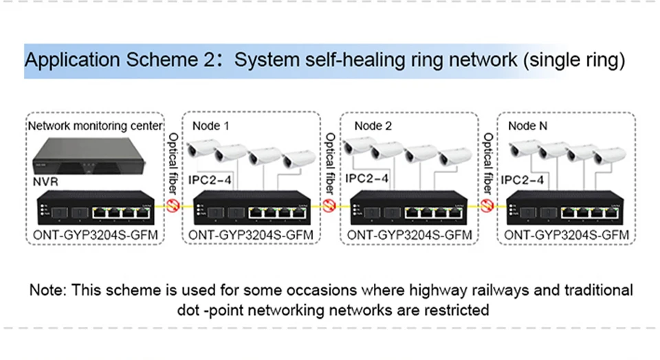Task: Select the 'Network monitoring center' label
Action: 94,126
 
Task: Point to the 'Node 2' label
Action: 373,126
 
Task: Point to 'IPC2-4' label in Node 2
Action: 366,178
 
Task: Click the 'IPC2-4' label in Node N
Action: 524,181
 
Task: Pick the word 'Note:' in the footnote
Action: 47,289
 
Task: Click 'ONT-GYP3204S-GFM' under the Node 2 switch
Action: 410,235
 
